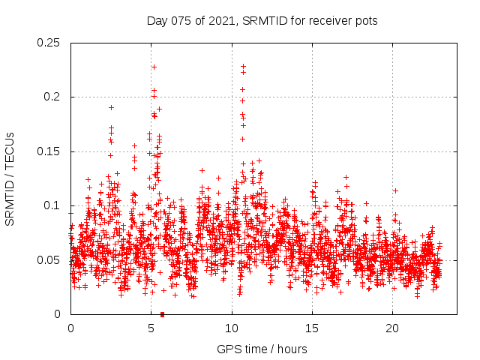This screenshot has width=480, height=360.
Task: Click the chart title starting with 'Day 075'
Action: (262, 20)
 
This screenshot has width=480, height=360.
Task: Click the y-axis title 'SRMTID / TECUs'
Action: (10, 178)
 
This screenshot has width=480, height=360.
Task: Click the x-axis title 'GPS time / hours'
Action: (262, 349)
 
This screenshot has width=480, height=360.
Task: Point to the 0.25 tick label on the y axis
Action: (49, 43)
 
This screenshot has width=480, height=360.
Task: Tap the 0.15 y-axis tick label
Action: (49, 151)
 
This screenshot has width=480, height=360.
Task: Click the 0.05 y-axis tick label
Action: (49, 260)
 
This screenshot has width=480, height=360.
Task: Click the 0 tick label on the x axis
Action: (70, 328)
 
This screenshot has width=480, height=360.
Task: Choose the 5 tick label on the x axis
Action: (151, 328)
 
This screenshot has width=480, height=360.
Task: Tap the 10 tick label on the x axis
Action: (231, 328)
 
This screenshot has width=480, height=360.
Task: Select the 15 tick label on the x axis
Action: (311, 328)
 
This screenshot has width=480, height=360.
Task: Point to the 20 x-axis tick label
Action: (391, 328)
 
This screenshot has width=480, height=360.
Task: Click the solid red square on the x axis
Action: (163, 314)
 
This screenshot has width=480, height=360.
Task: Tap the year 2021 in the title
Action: (218, 20)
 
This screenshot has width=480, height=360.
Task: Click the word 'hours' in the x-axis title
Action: (292, 349)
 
